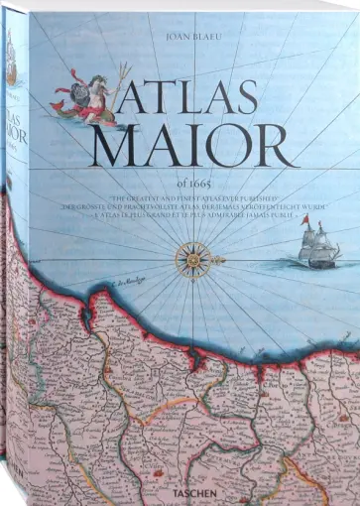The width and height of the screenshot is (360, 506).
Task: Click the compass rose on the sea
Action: (190, 260)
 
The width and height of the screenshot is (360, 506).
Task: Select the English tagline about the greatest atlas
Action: (190, 198)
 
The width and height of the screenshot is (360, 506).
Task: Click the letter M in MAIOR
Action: (124, 145)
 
